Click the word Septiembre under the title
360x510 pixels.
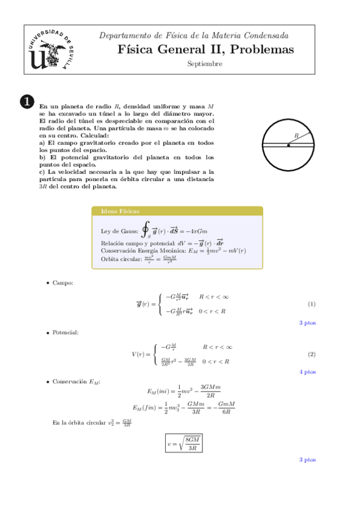click(204, 64)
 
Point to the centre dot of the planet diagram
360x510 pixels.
click(288, 145)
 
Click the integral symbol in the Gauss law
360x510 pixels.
click(145, 229)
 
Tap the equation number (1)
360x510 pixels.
click(311, 304)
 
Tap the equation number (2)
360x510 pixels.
click(311, 354)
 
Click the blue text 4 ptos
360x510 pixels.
click(308, 372)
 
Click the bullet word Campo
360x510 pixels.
click(63, 282)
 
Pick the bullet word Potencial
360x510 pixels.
click(65, 332)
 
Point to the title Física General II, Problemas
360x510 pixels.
click(206, 49)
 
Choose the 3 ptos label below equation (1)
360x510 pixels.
click(308, 323)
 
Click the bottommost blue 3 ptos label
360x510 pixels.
click(308, 460)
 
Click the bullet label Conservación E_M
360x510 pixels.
click(76, 382)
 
